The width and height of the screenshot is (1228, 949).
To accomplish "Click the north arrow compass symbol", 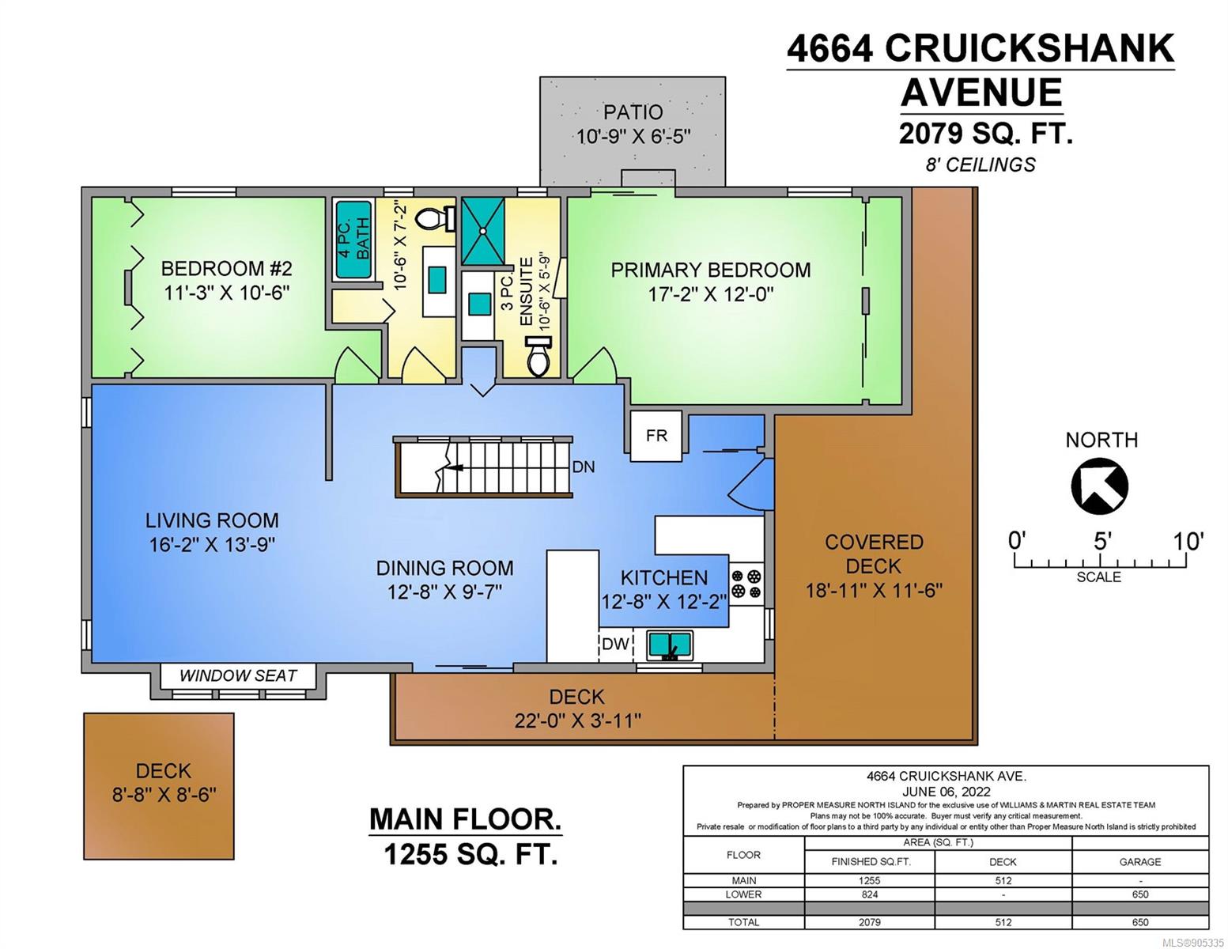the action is click(1098, 486).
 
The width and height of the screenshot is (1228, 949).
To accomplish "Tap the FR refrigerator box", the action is click(656, 436).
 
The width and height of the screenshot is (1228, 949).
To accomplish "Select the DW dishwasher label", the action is click(615, 644).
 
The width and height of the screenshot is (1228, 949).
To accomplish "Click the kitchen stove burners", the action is click(746, 584).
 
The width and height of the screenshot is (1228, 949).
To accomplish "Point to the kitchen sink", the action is click(670, 645).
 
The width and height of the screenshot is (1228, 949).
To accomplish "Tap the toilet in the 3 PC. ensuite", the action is click(538, 356).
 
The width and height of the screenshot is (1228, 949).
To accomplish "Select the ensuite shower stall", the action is click(482, 231).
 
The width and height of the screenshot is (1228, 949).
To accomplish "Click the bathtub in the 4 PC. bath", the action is click(353, 240).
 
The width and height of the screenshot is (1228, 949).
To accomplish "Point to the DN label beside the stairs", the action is click(584, 467).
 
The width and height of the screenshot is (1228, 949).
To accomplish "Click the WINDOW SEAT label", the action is click(238, 675).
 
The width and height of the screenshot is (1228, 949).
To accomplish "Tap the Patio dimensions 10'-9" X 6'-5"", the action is click(633, 137).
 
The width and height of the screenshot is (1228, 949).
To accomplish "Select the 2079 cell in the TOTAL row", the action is click(869, 922).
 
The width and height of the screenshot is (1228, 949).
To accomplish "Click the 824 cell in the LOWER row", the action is click(869, 894).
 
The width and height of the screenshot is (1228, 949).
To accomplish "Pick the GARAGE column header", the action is click(1140, 862).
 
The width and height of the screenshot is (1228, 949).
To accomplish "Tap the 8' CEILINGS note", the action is click(981, 164).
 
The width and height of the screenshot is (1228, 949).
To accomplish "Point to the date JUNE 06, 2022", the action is click(946, 792).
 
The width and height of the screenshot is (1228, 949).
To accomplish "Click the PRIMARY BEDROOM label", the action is click(710, 270).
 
